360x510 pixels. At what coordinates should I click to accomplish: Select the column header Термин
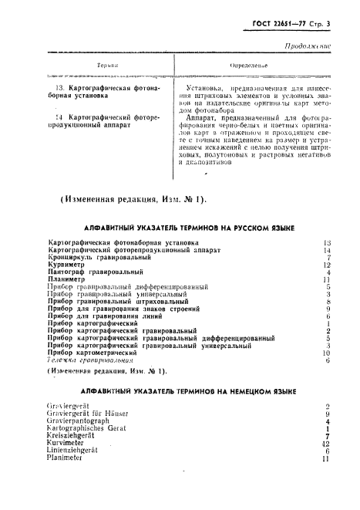[x=107, y=67]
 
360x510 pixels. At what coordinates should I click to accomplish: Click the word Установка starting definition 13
[x=207, y=90]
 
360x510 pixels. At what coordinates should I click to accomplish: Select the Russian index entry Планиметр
[x=67, y=279]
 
